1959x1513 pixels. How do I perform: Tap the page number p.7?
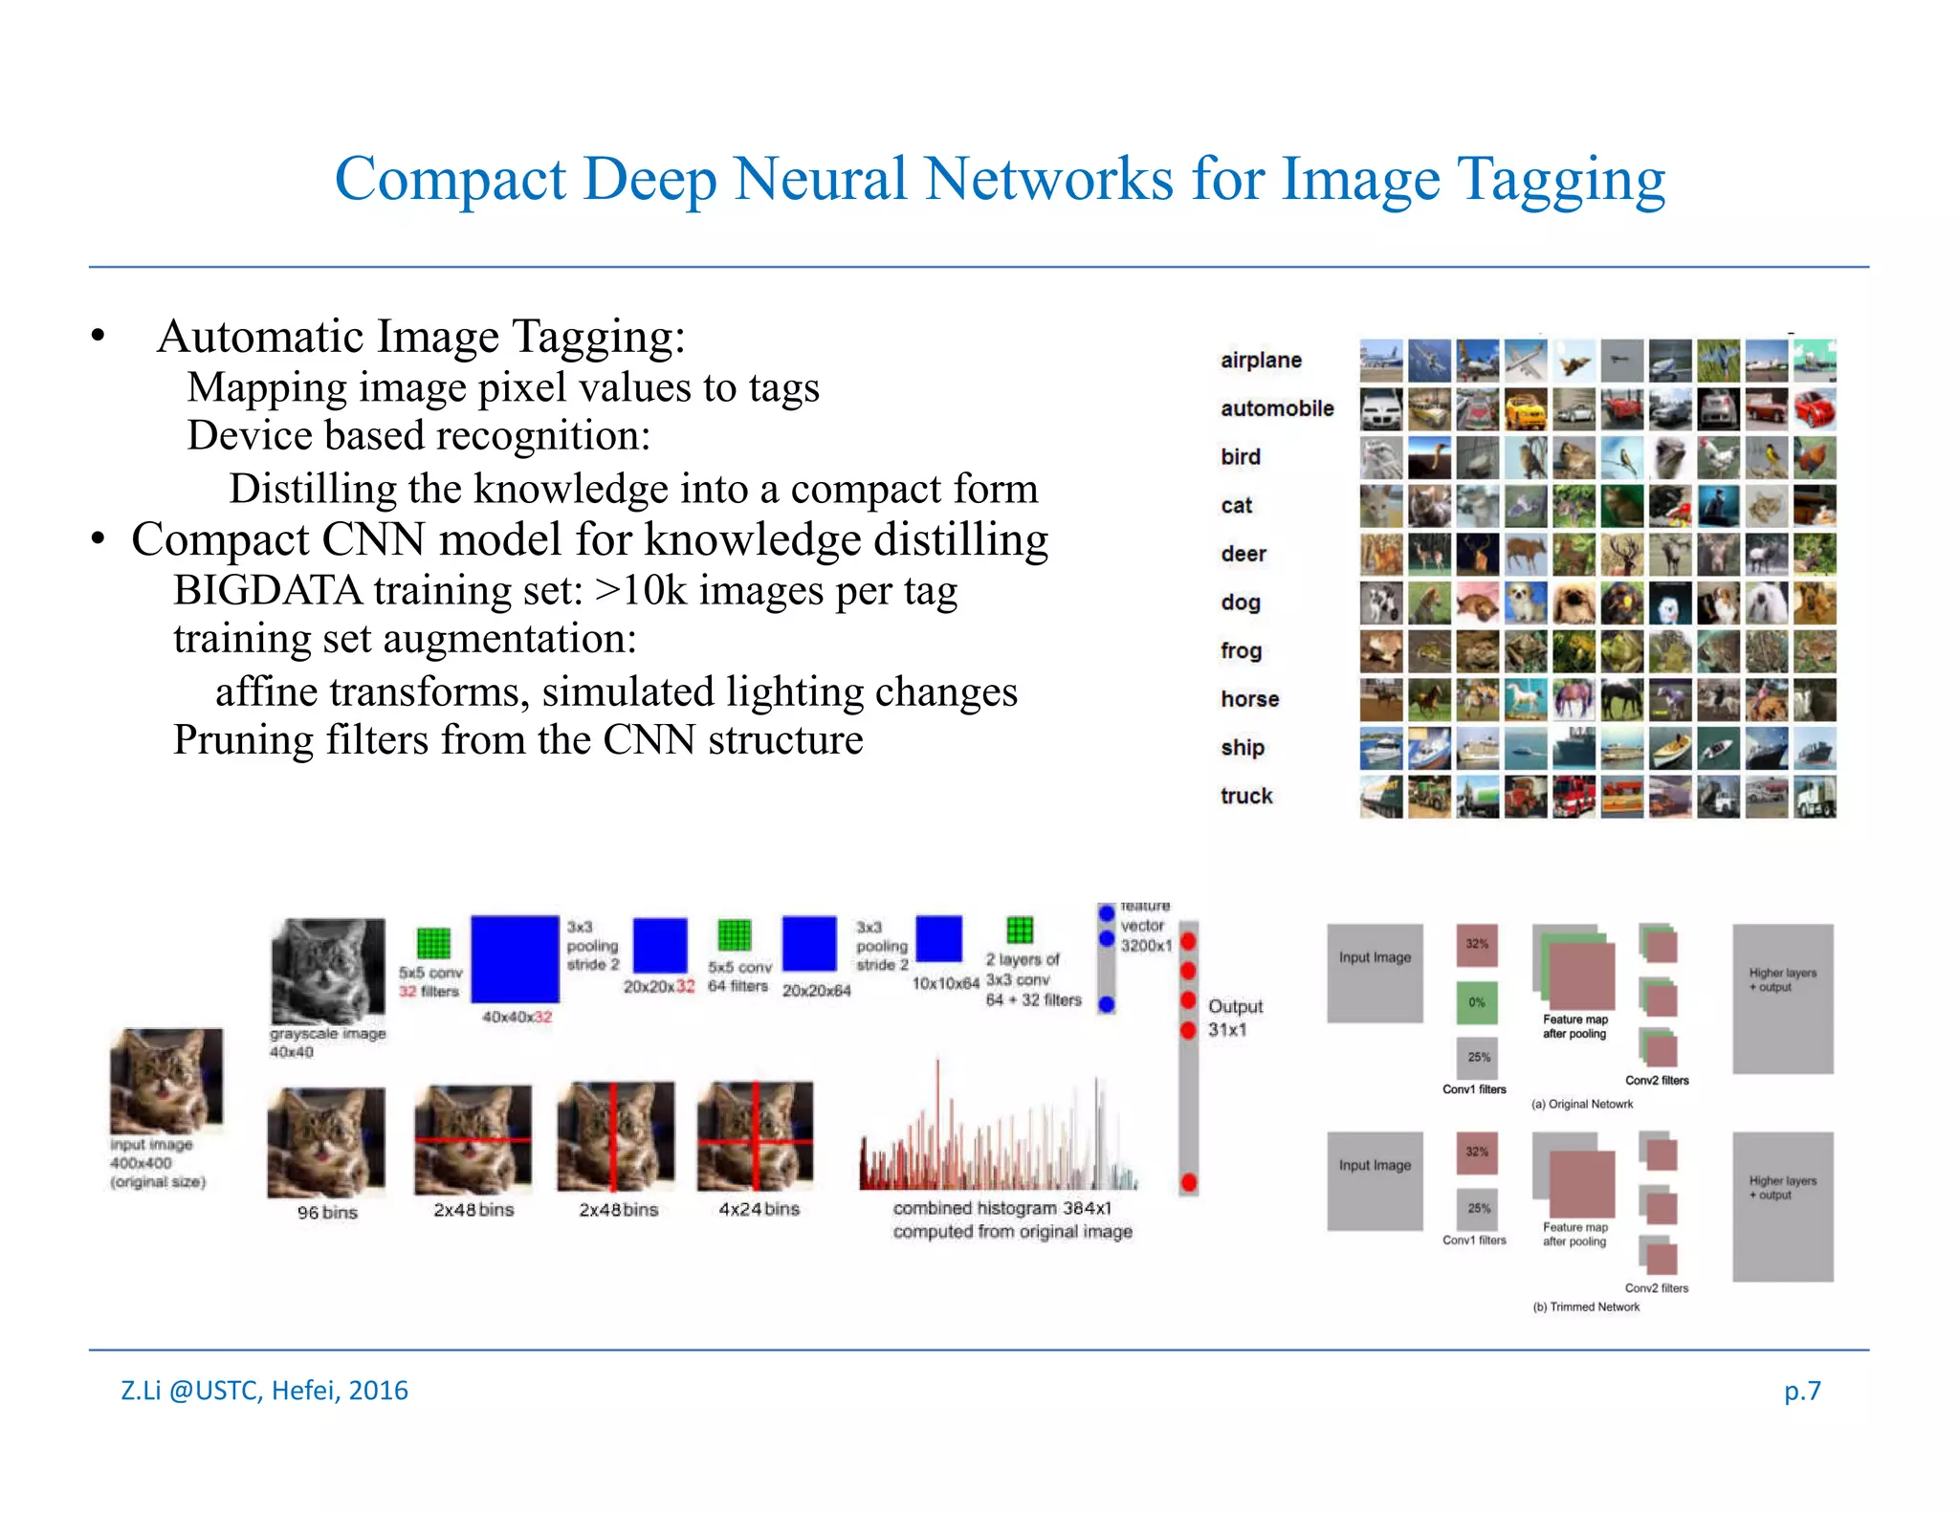tap(1801, 1390)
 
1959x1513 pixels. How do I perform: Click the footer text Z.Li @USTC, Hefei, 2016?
tap(264, 1390)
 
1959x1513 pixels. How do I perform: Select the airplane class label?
tap(1261, 361)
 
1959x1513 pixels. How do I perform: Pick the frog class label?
tap(1241, 650)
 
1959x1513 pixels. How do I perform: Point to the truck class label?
tap(1246, 796)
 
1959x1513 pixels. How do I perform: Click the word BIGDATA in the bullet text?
tap(267, 591)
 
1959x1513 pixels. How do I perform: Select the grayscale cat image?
tap(328, 971)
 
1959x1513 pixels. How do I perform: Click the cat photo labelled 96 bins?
tap(326, 1142)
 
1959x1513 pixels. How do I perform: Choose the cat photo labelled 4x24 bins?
tap(756, 1136)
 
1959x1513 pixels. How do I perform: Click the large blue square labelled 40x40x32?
tap(515, 959)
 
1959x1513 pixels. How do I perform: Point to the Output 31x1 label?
tap(1234, 1018)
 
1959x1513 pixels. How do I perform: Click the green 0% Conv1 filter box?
tap(1477, 1002)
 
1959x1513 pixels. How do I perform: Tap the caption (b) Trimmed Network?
tap(1586, 1307)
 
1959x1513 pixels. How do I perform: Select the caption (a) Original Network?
tap(1582, 1104)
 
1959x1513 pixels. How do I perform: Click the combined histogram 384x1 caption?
tap(1012, 1220)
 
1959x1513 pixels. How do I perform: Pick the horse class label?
tap(1249, 699)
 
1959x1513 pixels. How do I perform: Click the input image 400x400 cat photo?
tap(166, 1081)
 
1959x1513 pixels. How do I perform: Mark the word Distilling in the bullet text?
tap(312, 490)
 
